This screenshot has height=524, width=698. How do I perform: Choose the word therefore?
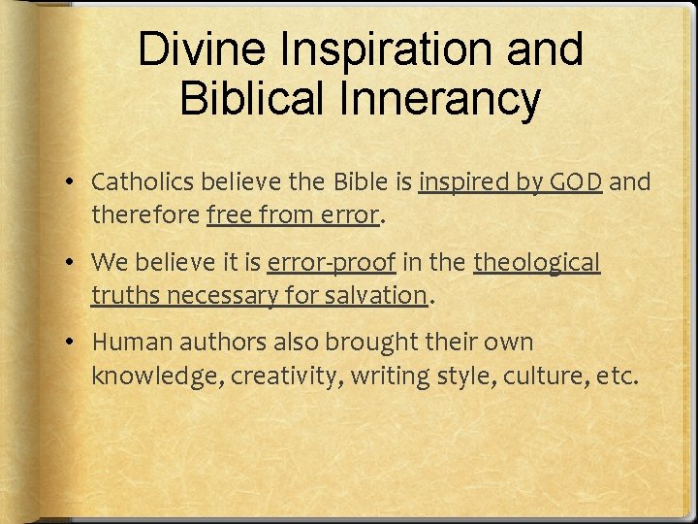pyautogui.click(x=145, y=213)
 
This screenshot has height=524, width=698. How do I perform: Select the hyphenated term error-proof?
pyautogui.click(x=333, y=263)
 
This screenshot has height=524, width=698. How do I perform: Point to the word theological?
pyautogui.click(x=537, y=263)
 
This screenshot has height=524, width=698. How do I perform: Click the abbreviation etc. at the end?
pyautogui.click(x=618, y=375)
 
